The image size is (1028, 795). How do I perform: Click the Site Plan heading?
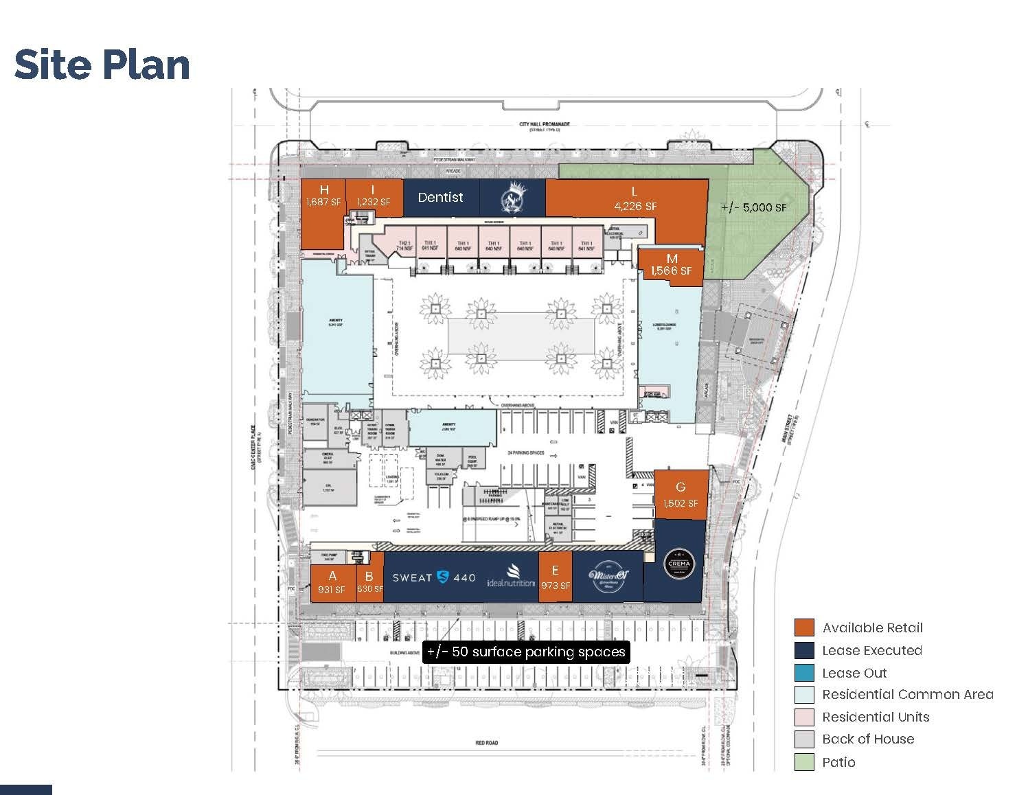102,65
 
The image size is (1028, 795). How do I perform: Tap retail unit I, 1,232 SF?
373,196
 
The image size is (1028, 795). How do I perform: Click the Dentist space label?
440,197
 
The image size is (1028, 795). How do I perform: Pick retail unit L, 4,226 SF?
635,200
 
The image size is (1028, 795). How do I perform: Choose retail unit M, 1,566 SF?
672,265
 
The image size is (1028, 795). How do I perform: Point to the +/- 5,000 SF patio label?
754,207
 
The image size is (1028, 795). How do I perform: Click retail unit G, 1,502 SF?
681,495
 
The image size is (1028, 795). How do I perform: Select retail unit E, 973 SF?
555,578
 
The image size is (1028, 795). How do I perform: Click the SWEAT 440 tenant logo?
434,577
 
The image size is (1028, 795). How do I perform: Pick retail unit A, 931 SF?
332,583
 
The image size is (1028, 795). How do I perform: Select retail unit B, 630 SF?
369,583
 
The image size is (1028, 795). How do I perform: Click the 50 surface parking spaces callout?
526,652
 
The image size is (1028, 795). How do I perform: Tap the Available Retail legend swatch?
804,627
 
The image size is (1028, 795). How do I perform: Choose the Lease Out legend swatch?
804,673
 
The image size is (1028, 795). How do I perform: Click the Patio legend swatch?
804,762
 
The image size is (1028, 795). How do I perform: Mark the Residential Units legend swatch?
804,717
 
